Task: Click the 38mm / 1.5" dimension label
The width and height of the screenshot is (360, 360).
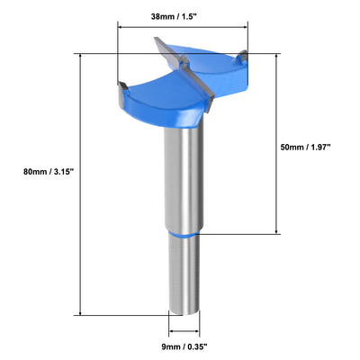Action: (x=183, y=15)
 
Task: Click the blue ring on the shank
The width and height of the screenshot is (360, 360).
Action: (x=183, y=233)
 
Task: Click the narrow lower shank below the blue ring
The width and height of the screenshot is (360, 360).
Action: (x=183, y=274)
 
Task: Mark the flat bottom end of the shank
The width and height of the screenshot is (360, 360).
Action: (x=183, y=311)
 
